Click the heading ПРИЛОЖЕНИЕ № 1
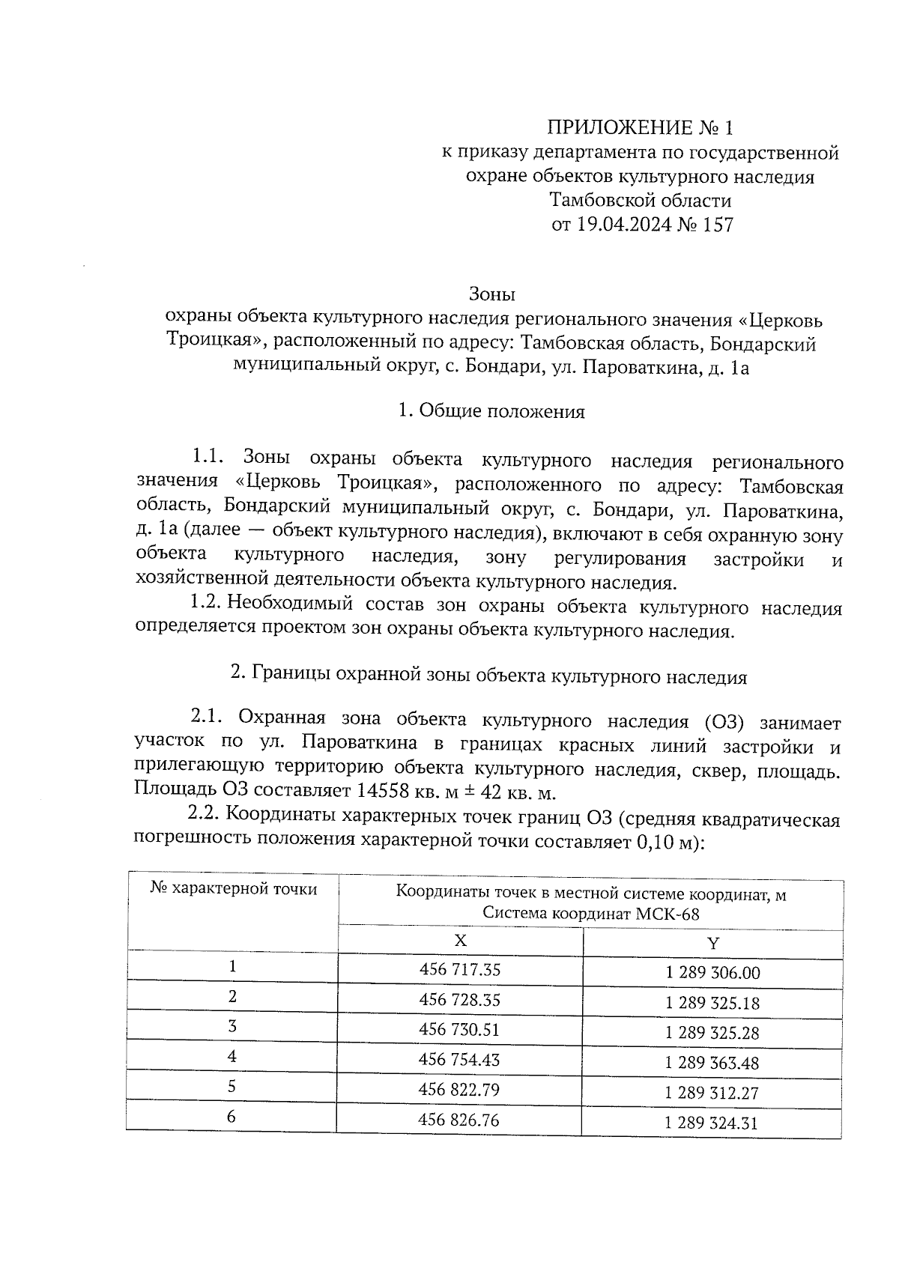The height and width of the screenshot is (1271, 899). point(639,127)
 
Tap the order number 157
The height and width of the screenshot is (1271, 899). point(718,224)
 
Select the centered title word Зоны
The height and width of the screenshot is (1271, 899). point(492,295)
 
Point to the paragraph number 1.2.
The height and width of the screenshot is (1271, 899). point(206,604)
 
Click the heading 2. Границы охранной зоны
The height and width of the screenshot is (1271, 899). point(488,676)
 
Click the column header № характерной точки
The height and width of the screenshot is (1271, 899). point(233,889)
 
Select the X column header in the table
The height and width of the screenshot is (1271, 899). point(461,940)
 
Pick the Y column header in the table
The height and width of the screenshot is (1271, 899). point(712,943)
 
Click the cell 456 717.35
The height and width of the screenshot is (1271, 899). point(460,970)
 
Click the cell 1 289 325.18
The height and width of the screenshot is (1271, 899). point(712,1003)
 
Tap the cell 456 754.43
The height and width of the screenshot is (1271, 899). point(460,1060)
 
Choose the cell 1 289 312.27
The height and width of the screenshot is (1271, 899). point(712,1093)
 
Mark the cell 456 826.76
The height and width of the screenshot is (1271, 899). point(460,1120)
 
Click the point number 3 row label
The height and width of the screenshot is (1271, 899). point(232,1027)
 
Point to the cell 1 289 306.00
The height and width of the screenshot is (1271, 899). point(712,973)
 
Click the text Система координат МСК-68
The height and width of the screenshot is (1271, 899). point(591,914)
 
